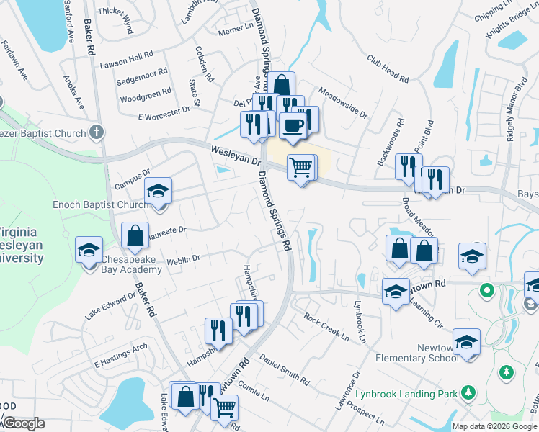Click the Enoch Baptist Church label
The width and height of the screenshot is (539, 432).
[101, 204]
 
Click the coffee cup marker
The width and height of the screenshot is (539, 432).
[293, 125]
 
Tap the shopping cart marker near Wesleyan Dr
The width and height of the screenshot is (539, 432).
[301, 168]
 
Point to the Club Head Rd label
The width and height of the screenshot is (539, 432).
[388, 68]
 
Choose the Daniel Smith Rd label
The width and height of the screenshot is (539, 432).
[284, 368]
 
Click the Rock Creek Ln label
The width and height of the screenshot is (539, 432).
[326, 327]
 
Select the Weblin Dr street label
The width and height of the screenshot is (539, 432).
[184, 260]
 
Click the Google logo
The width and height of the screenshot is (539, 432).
[24, 423]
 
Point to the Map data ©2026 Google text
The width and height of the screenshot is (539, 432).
[494, 426]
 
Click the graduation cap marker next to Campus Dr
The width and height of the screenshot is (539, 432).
[159, 192]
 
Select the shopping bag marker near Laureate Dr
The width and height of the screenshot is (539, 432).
[135, 235]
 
